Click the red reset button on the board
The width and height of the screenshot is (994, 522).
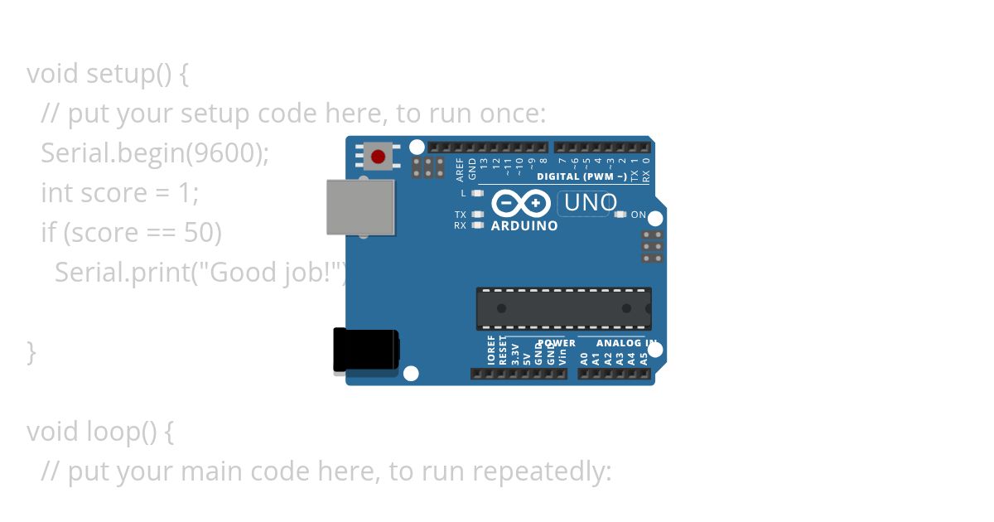click(379, 157)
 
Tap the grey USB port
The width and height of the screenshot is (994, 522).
click(360, 207)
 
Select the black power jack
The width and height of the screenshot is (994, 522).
click(365, 350)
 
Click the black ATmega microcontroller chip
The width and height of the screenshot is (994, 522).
click(563, 308)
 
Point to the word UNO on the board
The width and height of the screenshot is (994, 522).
click(591, 203)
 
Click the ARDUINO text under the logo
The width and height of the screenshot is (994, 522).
click(524, 225)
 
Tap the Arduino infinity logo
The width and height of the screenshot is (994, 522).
click(521, 203)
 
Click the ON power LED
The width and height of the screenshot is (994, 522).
click(620, 215)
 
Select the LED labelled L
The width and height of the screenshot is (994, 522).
click(476, 193)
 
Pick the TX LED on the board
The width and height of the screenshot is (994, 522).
click(476, 215)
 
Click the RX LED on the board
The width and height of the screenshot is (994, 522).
click(476, 225)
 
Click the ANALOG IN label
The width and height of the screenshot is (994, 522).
click(627, 343)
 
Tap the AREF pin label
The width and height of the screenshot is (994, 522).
click(461, 169)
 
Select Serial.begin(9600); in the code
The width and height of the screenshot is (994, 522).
click(155, 153)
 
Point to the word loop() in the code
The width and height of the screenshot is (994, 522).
click(120, 432)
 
